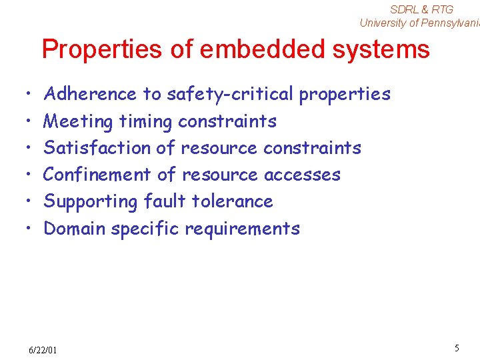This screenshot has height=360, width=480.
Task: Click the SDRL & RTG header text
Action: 421,9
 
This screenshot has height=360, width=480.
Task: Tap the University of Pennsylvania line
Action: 419,23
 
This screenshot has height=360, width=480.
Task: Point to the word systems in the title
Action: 388,49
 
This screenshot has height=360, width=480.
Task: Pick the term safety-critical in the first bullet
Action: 230,95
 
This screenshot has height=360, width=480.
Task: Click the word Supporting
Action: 91,202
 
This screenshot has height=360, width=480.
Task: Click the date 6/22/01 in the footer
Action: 43,350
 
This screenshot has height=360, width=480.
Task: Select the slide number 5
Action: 457,348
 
